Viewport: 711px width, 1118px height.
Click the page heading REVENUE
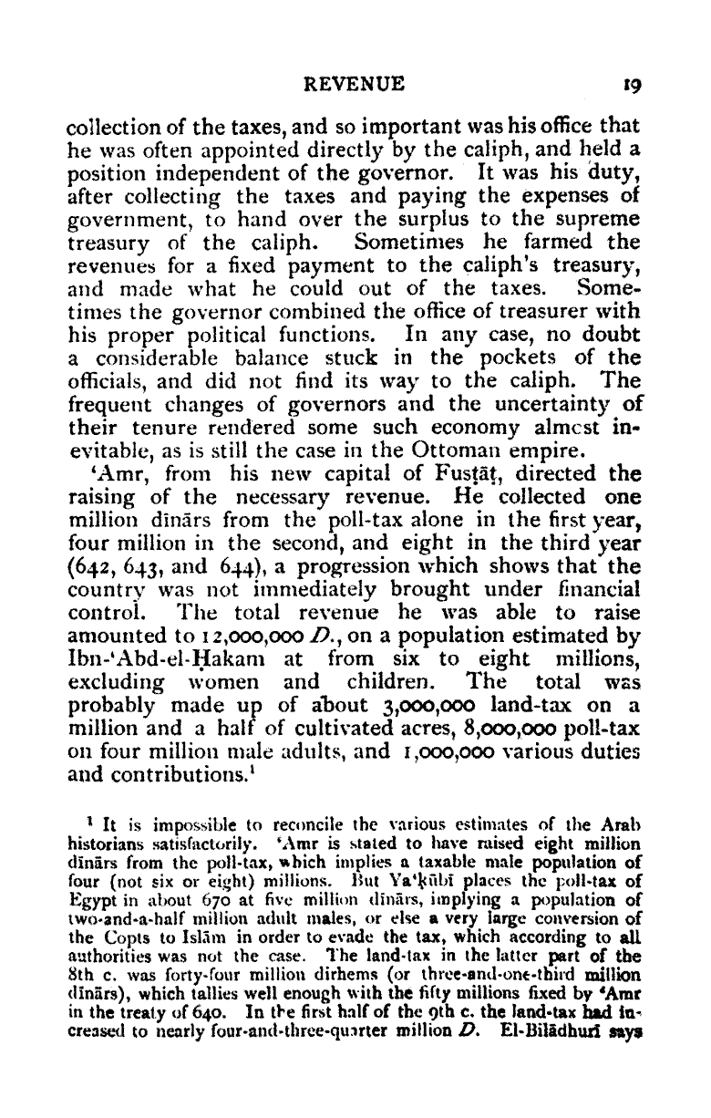354,85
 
